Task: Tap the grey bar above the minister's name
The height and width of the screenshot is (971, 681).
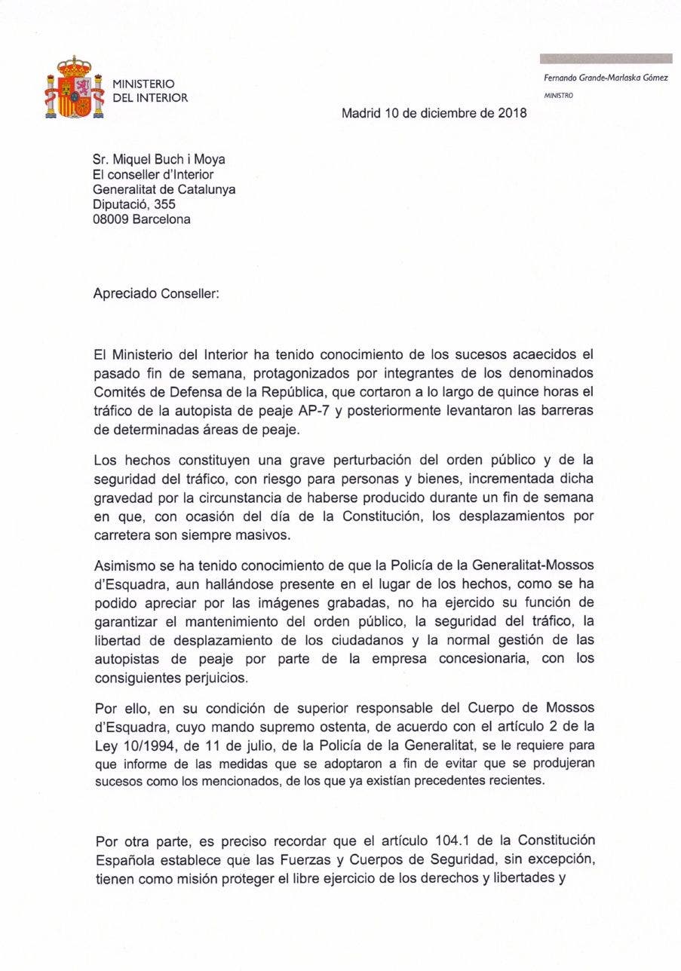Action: pos(606,59)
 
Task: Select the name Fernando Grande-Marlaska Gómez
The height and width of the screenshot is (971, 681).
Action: pos(606,78)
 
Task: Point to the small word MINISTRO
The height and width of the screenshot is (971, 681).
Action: pos(559,96)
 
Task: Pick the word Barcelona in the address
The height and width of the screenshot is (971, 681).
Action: pos(164,219)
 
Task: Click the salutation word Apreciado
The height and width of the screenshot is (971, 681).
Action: pos(125,294)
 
